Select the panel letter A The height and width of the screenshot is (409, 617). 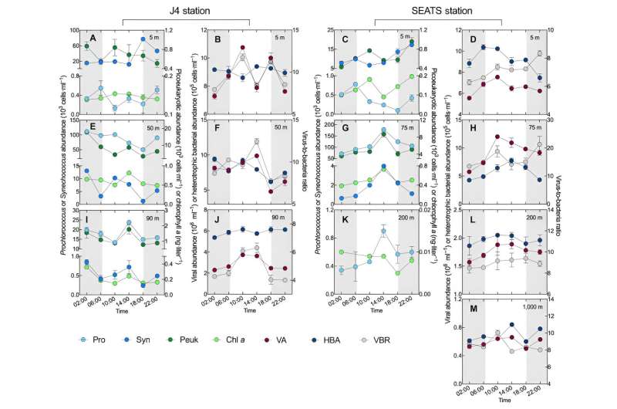92,39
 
